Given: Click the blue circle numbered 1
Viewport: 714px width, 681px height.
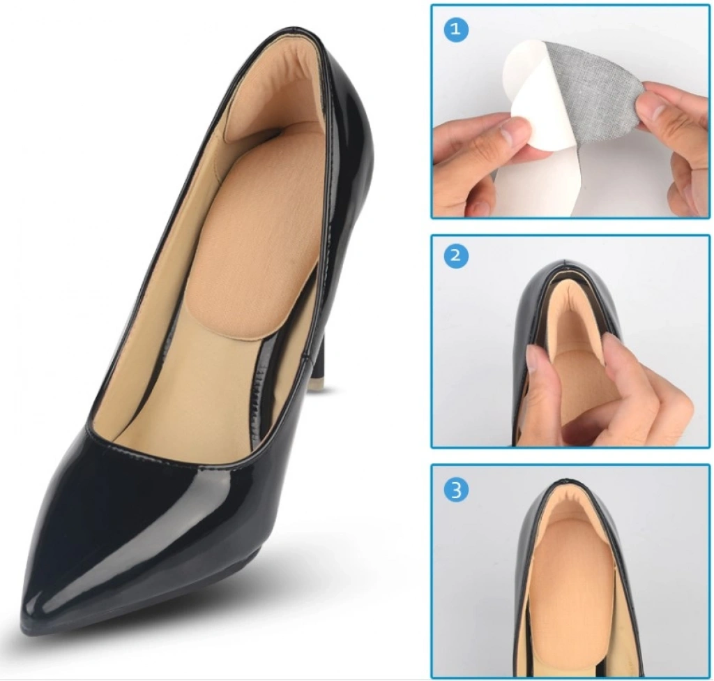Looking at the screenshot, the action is (455, 29).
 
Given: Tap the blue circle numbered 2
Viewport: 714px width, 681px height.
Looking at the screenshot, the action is (455, 255).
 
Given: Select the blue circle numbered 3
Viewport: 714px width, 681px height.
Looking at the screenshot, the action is (456, 491).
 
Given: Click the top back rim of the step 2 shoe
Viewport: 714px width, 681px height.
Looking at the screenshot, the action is (565, 263).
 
